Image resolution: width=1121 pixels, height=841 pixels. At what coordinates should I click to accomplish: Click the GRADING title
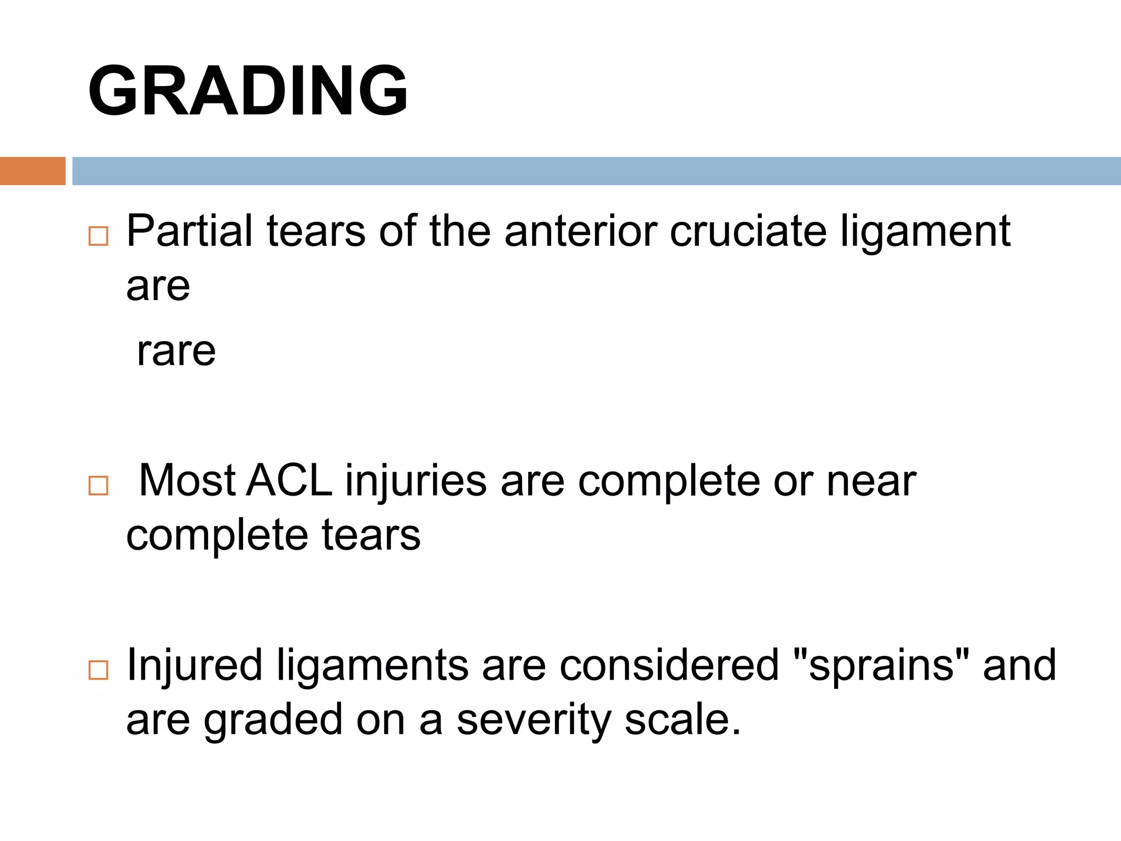pos(247,91)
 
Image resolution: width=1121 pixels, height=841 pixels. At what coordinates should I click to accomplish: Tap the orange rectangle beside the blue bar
pos(32,171)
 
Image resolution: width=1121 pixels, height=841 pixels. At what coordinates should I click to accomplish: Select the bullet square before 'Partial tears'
pos(99,236)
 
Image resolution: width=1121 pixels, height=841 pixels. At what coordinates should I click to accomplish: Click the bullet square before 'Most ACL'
pos(99,486)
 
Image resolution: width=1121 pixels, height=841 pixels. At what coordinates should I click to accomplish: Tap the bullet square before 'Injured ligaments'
pos(99,670)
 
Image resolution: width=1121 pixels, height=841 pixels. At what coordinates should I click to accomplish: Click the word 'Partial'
pos(189,231)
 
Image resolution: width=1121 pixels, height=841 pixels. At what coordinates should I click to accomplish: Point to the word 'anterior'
pos(580,231)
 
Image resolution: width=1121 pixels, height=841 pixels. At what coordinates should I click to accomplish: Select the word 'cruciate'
pos(748,231)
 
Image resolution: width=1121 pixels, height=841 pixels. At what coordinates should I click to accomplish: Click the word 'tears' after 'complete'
pos(371,535)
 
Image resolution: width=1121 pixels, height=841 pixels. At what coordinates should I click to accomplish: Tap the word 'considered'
pos(669,665)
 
